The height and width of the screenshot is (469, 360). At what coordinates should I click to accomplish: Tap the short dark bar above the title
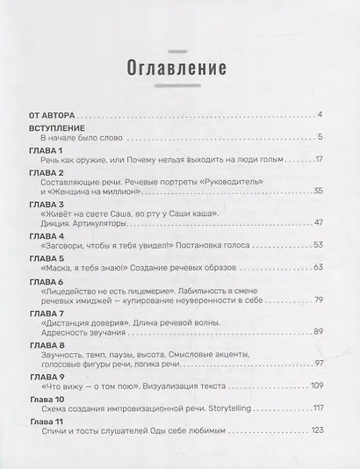pyautogui.click(x=179, y=35)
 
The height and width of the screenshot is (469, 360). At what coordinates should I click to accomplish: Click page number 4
pyautogui.click(x=321, y=115)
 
